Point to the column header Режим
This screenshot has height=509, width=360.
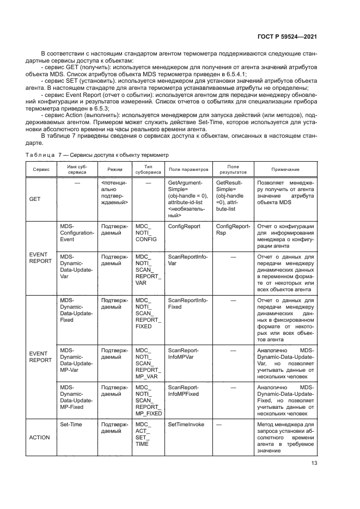click(x=114, y=169)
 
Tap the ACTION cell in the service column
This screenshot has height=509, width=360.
click(x=40, y=437)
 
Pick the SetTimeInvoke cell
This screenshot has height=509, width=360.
click(x=186, y=424)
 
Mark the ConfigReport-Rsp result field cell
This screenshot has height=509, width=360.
click(x=233, y=229)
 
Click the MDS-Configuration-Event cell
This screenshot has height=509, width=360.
click(x=76, y=232)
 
